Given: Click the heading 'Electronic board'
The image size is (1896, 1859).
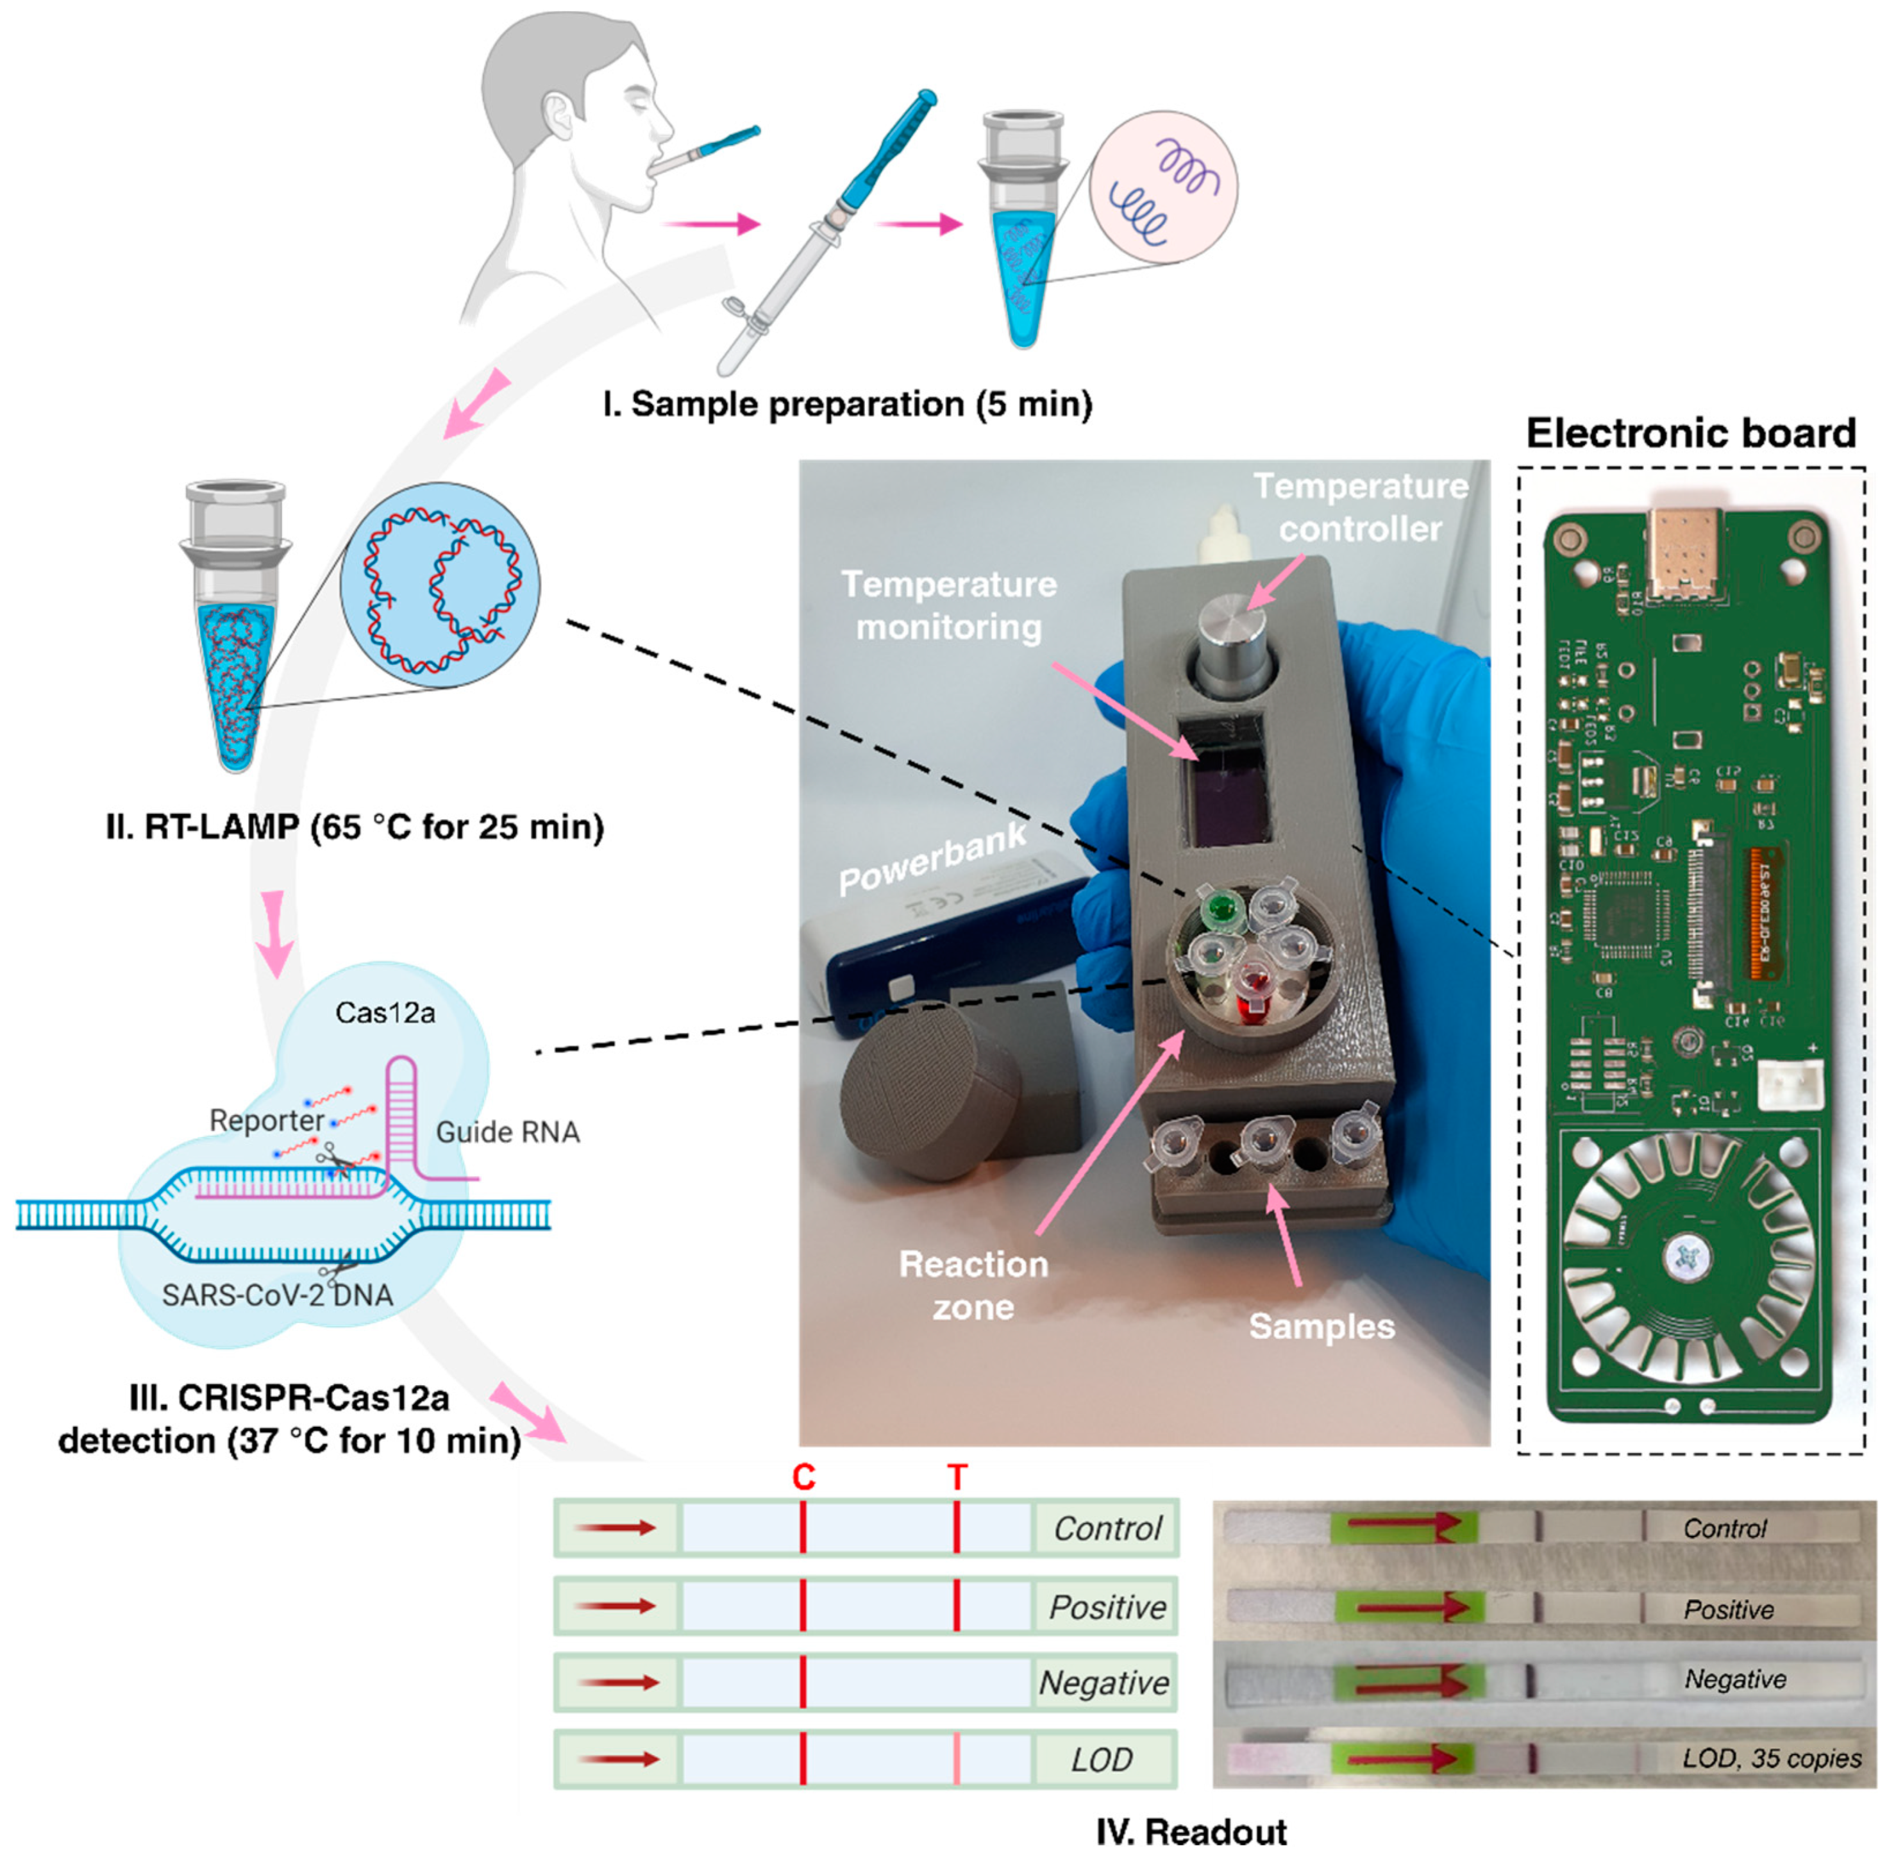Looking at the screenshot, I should pos(1690,433).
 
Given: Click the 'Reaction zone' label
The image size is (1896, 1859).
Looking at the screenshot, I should pos(973,1285).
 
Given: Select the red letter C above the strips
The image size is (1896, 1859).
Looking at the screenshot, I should pos(803,1478).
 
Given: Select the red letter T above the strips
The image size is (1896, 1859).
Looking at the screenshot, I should pos(957,1478).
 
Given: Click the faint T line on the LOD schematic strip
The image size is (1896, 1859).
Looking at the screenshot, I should pos(957,1760).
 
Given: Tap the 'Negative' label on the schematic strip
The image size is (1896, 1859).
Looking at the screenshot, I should pos(1103,1683).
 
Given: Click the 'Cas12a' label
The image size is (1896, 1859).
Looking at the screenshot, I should pos(385,1013).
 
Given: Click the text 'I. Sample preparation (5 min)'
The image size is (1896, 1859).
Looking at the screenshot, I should pos(846,404).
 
